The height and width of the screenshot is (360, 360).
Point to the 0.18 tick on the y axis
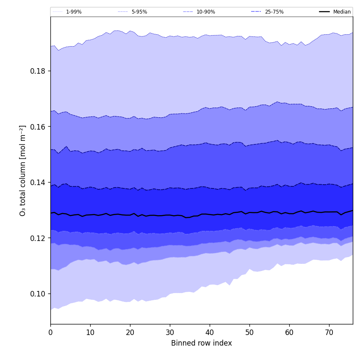tap(38, 71)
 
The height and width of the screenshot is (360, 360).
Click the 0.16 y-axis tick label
tap(38, 127)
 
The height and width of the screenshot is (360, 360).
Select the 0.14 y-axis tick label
tap(38, 182)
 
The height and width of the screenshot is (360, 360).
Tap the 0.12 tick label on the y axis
tap(38, 238)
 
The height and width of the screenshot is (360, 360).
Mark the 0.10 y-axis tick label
tap(38, 294)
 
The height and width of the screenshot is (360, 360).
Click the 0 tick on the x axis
tap(50, 333)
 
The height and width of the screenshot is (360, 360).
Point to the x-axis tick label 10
tap(90, 333)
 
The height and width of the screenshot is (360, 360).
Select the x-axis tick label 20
tap(130, 333)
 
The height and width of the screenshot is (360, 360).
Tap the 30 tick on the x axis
tap(170, 333)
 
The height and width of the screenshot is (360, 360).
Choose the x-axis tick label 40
tap(210, 333)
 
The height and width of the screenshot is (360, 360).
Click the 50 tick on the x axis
tap(249, 333)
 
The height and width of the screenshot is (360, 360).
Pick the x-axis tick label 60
tap(289, 333)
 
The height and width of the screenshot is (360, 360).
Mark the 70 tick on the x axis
tap(329, 333)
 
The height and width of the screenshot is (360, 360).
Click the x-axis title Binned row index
tap(202, 343)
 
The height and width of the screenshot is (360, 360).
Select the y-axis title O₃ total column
tap(23, 170)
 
